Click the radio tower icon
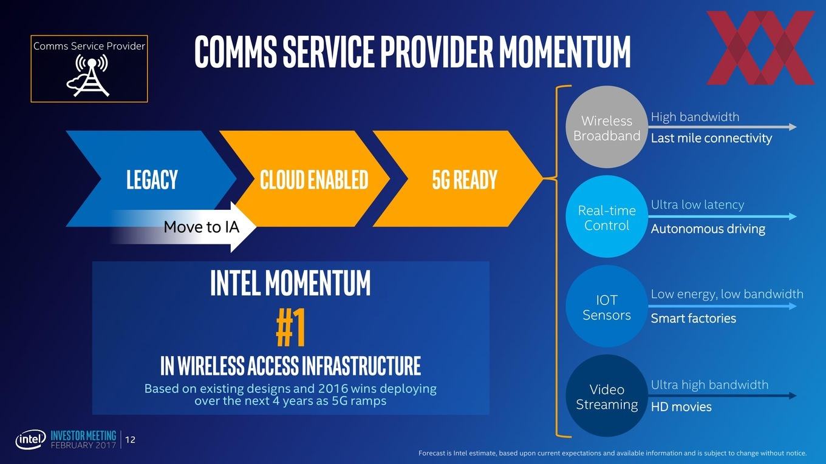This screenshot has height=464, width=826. coord(88,75)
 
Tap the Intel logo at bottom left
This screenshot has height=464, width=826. coord(30,439)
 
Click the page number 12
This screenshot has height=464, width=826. coord(130,440)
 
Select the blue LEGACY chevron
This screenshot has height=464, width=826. coord(151,178)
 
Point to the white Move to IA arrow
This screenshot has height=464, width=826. coord(183,227)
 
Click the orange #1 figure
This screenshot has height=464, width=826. coord(290,328)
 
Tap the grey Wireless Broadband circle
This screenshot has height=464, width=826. coord(607,127)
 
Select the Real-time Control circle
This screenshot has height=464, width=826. coord(607,217)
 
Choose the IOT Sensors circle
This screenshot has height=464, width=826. coord(607,306)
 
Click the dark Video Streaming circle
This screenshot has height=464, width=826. coord(607,396)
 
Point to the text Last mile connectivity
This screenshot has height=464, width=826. coord(711,138)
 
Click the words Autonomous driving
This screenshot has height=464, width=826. coord(708,229)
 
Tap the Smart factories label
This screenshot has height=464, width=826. coord(693,318)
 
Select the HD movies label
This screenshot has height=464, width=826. coord(681,407)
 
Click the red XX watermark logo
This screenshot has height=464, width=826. coord(760,48)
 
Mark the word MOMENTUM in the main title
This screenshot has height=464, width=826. coord(565,52)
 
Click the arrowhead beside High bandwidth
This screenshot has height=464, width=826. coord(792,127)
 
